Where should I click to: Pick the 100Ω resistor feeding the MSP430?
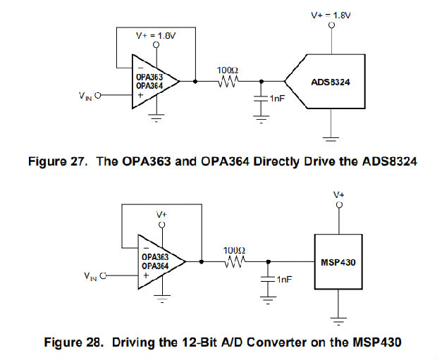click(233, 261)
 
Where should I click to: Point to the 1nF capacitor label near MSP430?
click(284, 280)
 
